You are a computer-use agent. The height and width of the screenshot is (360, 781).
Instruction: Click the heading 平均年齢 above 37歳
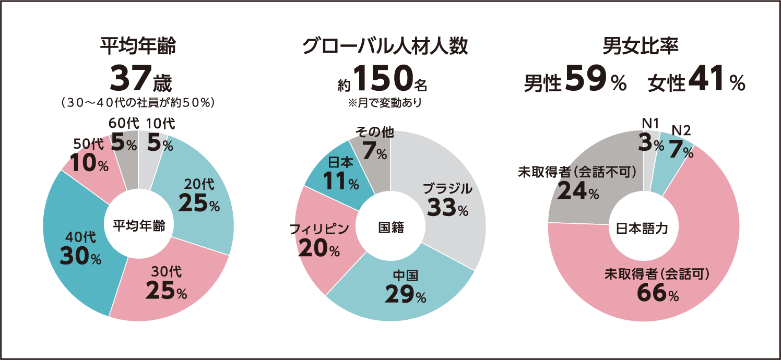click(138, 46)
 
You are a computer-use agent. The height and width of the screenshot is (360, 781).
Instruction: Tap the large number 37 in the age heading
click(129, 78)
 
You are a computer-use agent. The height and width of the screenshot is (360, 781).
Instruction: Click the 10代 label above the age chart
click(161, 124)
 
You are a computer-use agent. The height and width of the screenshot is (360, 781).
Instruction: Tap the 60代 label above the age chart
click(124, 124)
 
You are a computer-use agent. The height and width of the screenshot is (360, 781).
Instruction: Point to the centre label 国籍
click(390, 227)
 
